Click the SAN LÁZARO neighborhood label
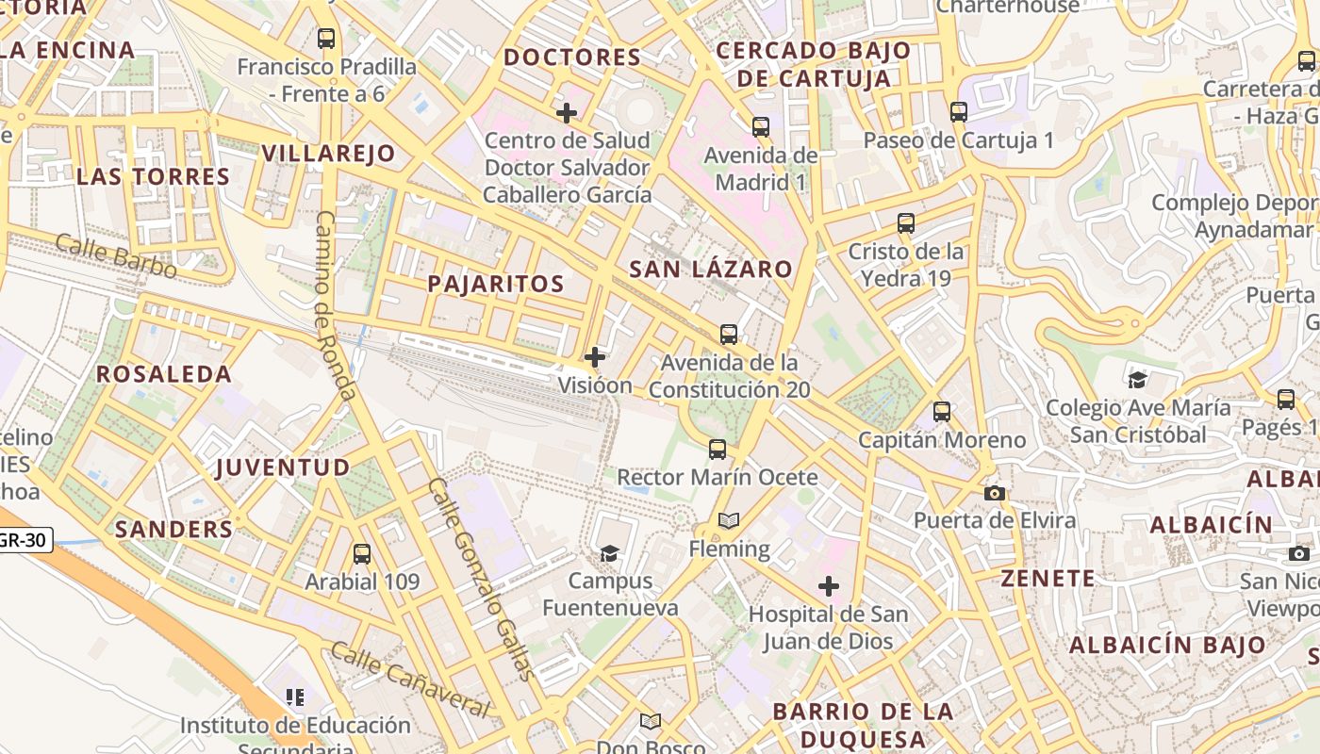click(x=711, y=270)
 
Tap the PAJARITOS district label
click(x=496, y=284)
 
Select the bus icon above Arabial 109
click(x=361, y=554)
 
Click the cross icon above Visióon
click(x=595, y=357)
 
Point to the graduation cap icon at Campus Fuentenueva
click(x=610, y=553)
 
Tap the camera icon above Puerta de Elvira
click(x=994, y=493)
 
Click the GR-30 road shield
click(x=24, y=541)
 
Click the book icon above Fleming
click(x=729, y=520)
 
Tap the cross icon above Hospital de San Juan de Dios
click(x=829, y=587)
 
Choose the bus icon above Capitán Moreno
click(x=941, y=412)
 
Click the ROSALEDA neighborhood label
click(x=164, y=374)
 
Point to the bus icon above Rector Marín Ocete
click(x=718, y=450)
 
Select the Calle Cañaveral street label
click(x=410, y=679)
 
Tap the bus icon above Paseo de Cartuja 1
click(x=959, y=112)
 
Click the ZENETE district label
click(x=1048, y=579)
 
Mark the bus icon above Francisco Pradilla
click(x=326, y=39)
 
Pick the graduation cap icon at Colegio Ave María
click(x=1137, y=380)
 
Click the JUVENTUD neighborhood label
click(x=283, y=467)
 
